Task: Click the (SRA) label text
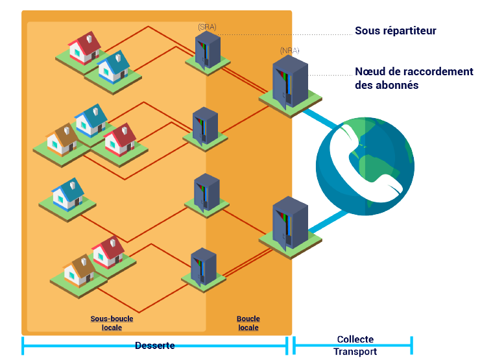[207, 27]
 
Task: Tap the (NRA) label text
[289, 50]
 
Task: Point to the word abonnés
[396, 85]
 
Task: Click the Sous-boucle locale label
[112, 323]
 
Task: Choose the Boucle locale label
[248, 323]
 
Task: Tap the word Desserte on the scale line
[154, 345]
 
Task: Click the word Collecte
[355, 339]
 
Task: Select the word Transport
[355, 352]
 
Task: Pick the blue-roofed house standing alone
[67, 193]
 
